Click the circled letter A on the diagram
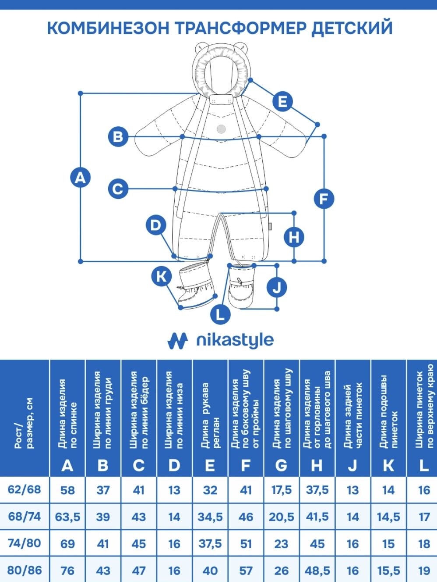pyautogui.click(x=81, y=177)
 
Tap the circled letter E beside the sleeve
pyautogui.click(x=282, y=101)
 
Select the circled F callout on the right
pyautogui.click(x=324, y=199)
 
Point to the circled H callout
pyautogui.click(x=294, y=237)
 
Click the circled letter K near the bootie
pyautogui.click(x=162, y=276)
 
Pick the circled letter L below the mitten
pyautogui.click(x=221, y=314)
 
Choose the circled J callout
pyautogui.click(x=277, y=287)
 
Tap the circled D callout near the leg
pyautogui.click(x=156, y=225)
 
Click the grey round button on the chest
pyautogui.click(x=221, y=129)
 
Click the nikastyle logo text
pyautogui.click(x=235, y=340)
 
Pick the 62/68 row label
pyautogui.click(x=25, y=489)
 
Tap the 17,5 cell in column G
pyautogui.click(x=282, y=489)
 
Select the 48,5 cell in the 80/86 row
pyautogui.click(x=317, y=570)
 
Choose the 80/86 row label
pyautogui.click(x=25, y=570)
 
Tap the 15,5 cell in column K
pyautogui.click(x=388, y=570)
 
